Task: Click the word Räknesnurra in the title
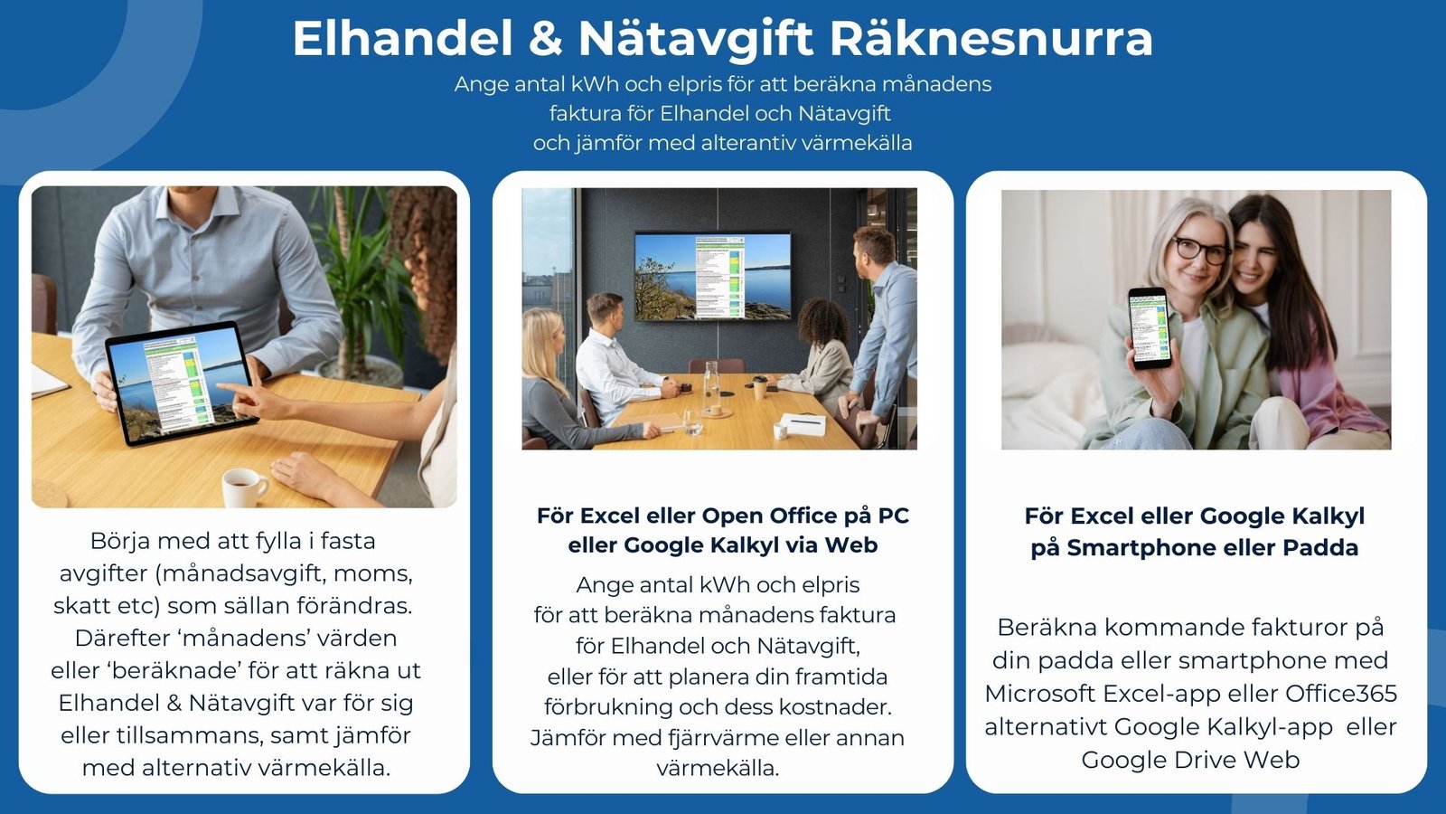(991, 39)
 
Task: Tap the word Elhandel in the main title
(403, 39)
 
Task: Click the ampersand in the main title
(545, 39)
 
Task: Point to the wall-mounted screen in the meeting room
(713, 275)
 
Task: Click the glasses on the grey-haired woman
(1199, 248)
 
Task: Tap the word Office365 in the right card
(1341, 694)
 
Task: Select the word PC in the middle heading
(893, 516)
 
